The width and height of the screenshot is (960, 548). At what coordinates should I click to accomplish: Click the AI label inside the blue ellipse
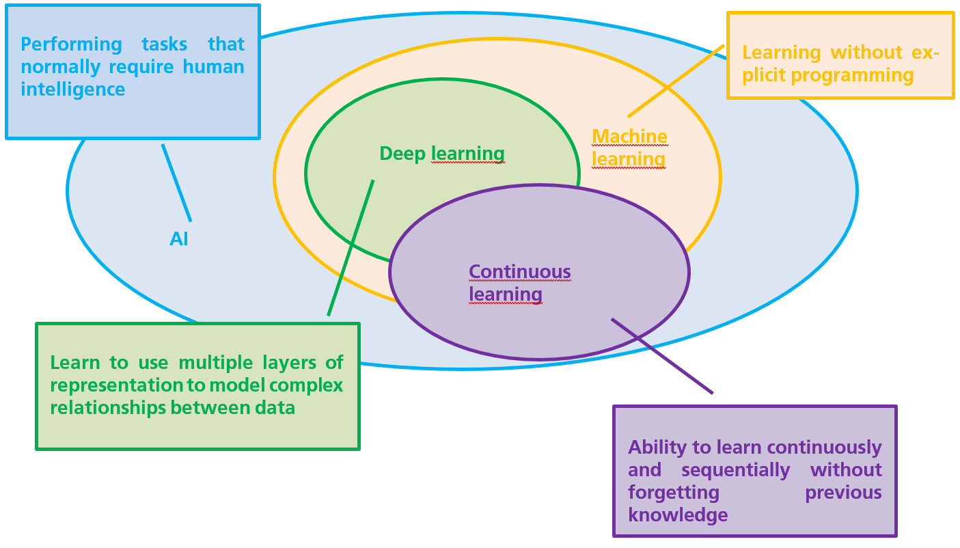(x=179, y=238)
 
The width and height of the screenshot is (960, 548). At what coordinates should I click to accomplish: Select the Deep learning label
(x=441, y=154)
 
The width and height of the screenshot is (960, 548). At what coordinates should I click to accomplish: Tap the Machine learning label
(x=629, y=148)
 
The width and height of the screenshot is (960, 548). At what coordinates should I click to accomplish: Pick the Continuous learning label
(x=519, y=283)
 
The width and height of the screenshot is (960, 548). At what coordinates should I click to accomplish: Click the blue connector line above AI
(x=176, y=182)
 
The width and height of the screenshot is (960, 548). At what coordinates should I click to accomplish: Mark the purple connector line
(x=661, y=355)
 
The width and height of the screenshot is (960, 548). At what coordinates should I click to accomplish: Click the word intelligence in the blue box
(x=73, y=89)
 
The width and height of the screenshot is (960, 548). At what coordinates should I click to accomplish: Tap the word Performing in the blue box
(x=71, y=44)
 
